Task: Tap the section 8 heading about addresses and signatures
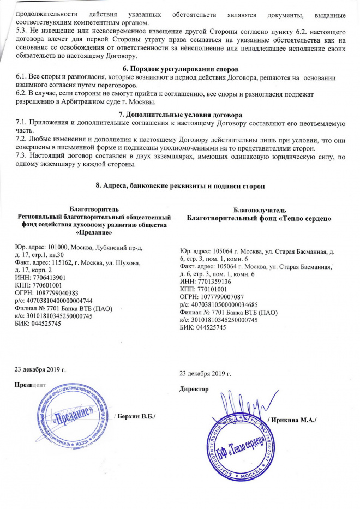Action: click(x=179, y=186)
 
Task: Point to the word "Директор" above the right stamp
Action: click(x=194, y=389)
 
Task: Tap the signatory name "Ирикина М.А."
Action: click(x=296, y=419)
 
